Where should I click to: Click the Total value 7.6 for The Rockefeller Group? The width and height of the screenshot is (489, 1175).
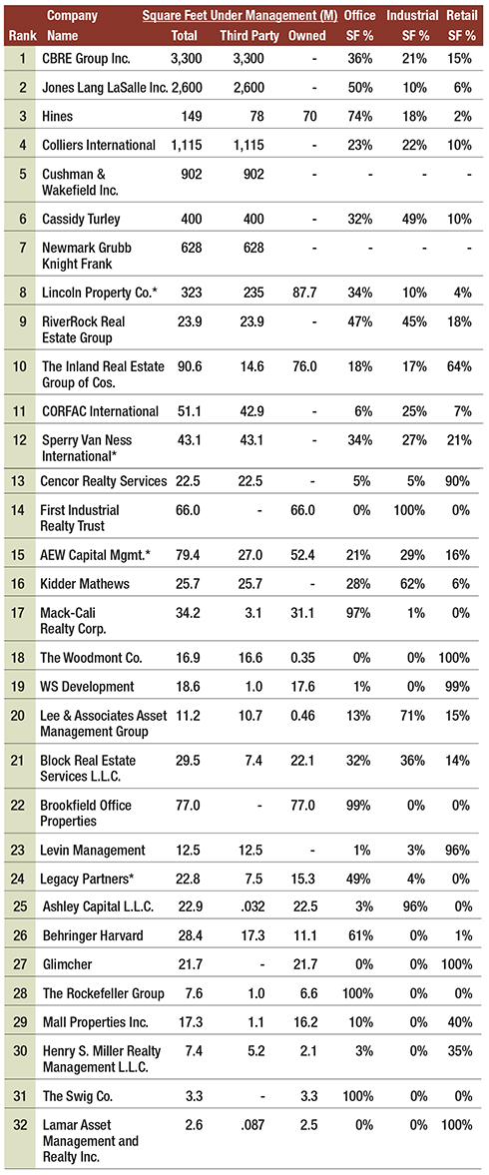point(185,993)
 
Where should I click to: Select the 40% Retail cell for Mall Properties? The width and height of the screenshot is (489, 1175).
point(460,1022)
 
